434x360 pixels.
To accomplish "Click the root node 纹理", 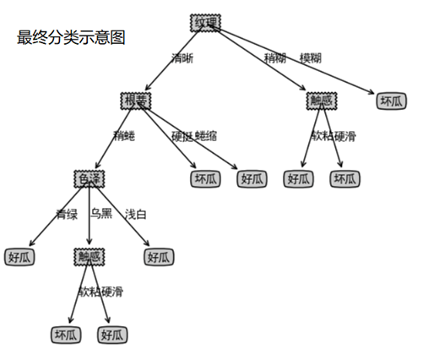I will [x=205, y=23].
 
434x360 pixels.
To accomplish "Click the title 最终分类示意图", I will [x=70, y=39].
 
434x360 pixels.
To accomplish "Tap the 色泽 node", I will [x=90, y=179].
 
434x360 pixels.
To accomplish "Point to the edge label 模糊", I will [x=310, y=58].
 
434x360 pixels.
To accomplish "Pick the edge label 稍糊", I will [x=275, y=58].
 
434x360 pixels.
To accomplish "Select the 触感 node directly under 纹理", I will [x=322, y=101].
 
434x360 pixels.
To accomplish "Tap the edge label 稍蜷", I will [x=123, y=135].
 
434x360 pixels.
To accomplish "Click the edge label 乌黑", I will [x=100, y=214].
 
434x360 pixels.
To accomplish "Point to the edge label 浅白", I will [x=135, y=214].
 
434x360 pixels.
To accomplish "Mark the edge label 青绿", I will [x=67, y=214].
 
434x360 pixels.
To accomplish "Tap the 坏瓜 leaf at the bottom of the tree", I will [x=67, y=335].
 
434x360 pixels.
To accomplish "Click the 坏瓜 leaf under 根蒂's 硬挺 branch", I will [x=205, y=179].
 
